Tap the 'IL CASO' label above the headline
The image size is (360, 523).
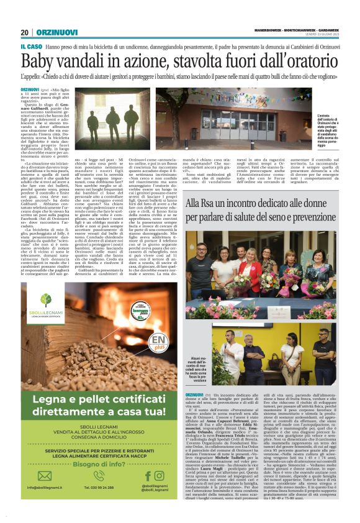tap(32, 47)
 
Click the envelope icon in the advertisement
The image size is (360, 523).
tap(44, 475)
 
